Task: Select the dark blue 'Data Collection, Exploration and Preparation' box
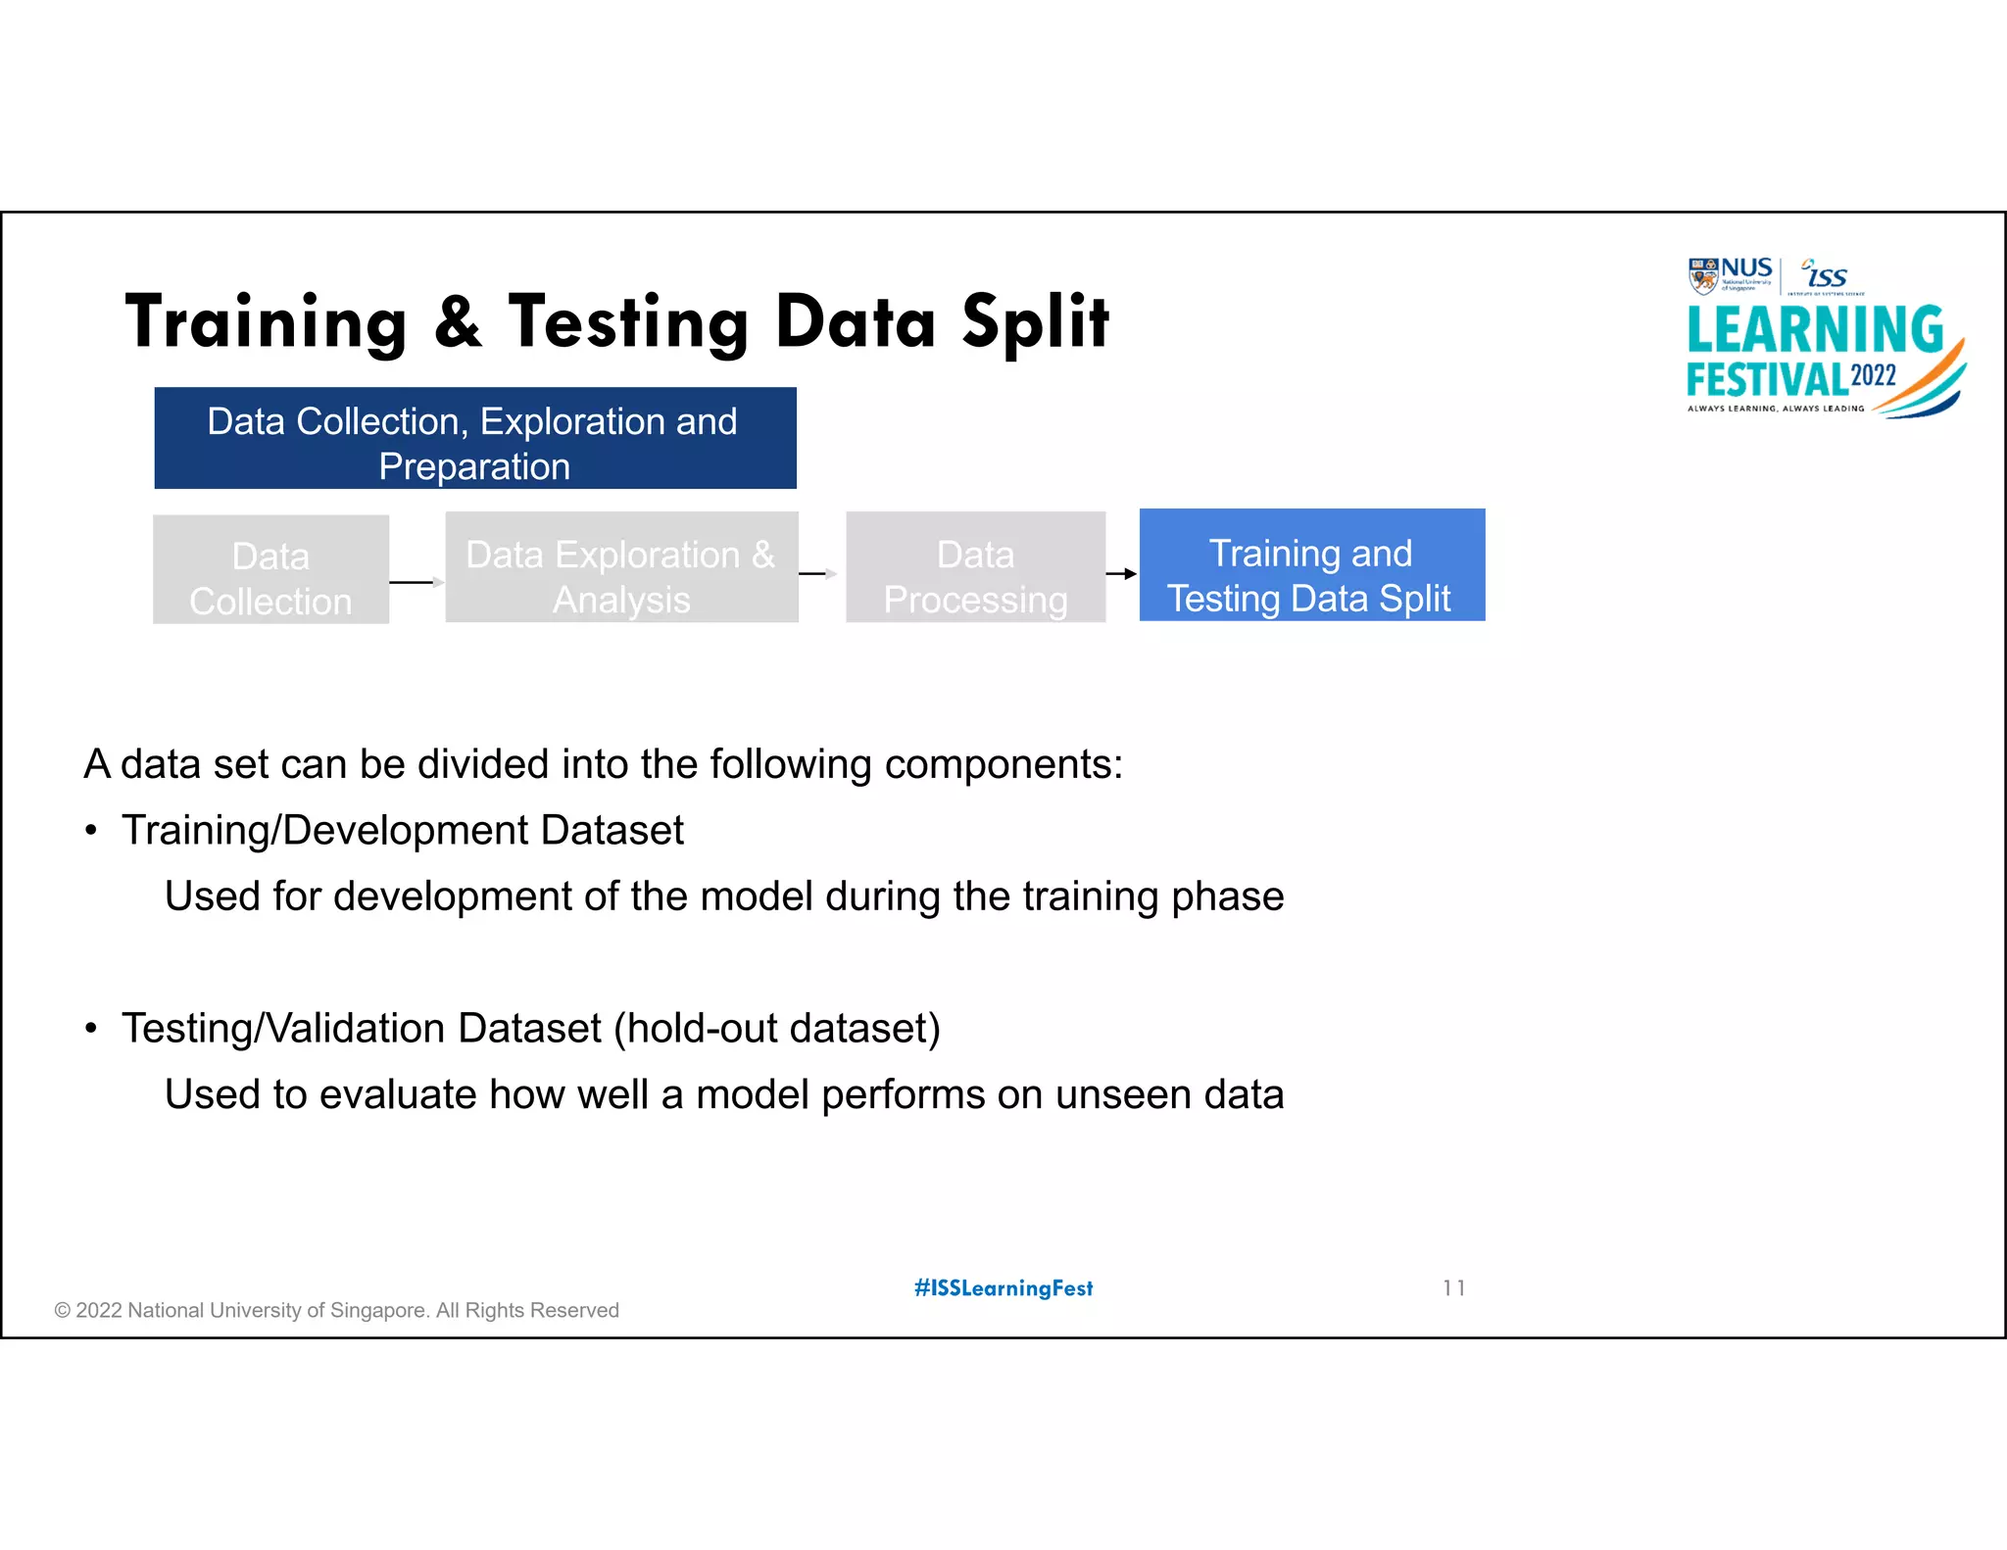click(475, 438)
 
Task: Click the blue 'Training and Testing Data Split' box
click(1311, 565)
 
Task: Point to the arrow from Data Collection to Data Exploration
click(416, 582)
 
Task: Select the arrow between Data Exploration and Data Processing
click(817, 574)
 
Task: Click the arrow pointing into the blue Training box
click(1122, 574)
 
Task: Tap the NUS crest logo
click(1703, 275)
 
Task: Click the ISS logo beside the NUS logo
click(1826, 275)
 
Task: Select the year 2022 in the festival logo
click(1873, 375)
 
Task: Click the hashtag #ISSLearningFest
click(1003, 1288)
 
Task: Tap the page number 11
click(1453, 1288)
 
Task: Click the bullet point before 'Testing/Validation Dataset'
click(91, 1030)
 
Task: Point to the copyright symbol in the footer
click(63, 1311)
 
